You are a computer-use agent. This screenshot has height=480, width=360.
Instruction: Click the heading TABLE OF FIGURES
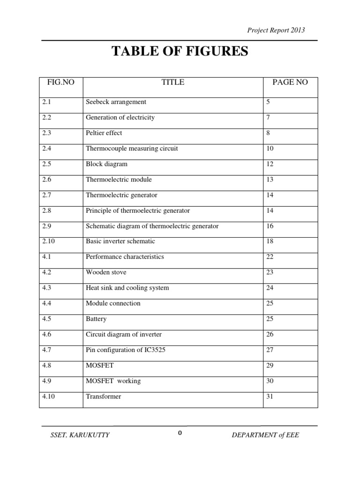pos(180,52)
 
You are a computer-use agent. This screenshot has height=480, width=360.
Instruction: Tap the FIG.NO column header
pos(61,82)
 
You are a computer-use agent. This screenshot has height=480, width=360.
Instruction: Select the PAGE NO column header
pos(290,82)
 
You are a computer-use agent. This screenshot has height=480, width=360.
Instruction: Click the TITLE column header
pos(172,82)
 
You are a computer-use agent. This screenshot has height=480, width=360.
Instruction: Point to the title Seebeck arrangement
pos(116,102)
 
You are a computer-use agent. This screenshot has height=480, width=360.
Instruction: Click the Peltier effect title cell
pos(104,133)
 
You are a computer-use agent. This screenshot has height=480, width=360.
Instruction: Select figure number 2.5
pos(46,164)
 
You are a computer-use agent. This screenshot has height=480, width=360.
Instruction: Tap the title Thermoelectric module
pos(119,180)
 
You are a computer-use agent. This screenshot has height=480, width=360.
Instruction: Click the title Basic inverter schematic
pos(120,241)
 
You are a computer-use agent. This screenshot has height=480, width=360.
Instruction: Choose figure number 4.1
pos(46,257)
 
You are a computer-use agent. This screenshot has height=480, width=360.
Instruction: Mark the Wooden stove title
pos(106,272)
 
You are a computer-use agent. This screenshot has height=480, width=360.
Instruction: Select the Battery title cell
pos(96,319)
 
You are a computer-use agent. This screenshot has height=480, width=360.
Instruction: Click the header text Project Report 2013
pos(276,30)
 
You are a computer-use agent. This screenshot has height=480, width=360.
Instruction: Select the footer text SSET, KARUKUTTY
pos(80,435)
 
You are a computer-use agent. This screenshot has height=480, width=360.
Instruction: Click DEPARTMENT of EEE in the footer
pos(265,435)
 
